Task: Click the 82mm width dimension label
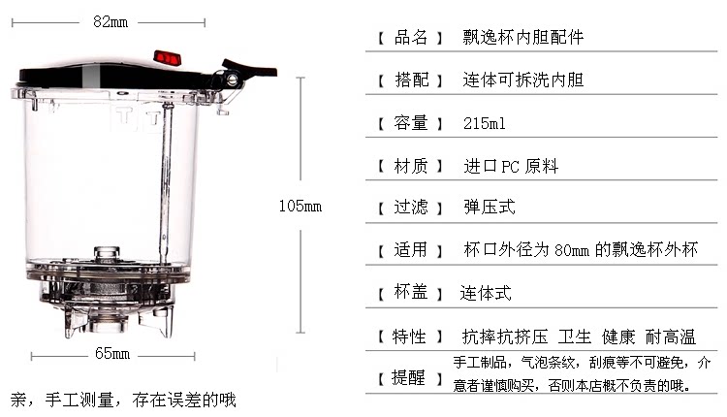[111, 21]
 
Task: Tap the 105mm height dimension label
[300, 206]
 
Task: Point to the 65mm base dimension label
[112, 353]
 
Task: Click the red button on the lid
[168, 58]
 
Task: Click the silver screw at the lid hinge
[233, 80]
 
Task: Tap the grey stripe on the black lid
[92, 75]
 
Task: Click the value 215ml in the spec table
[485, 123]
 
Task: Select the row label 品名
[411, 37]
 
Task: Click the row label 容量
[411, 123]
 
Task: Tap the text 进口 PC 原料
[511, 166]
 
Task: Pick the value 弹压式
[490, 207]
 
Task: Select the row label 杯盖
[411, 292]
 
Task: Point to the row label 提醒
[408, 377]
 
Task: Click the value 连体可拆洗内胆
[523, 80]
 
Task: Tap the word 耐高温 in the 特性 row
[671, 337]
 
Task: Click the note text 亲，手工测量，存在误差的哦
[123, 400]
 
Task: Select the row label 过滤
[411, 207]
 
